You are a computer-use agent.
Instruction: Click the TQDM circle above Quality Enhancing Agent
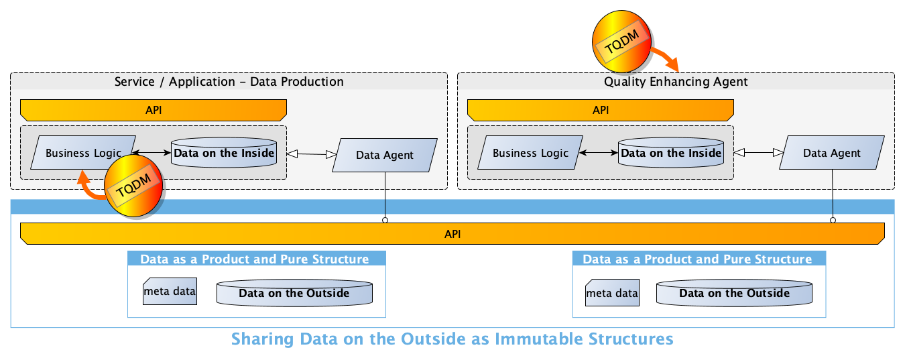pos(622,43)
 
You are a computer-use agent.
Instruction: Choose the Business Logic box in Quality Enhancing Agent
pos(530,153)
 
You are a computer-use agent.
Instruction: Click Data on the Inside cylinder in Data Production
pos(224,153)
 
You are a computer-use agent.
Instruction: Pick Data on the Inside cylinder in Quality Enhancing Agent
pos(671,153)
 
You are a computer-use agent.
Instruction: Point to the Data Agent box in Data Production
pos(385,155)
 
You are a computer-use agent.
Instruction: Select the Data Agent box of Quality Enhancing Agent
pos(831,153)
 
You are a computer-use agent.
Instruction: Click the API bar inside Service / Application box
pos(154,109)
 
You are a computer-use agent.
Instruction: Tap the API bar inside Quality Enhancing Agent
pos(600,109)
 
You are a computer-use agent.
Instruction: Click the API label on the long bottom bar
pos(452,234)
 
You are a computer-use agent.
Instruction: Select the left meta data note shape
pos(170,292)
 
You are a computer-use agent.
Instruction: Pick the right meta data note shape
pos(612,293)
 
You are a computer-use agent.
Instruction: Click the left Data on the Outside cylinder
pos(294,293)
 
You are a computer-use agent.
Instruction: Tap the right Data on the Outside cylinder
pos(734,293)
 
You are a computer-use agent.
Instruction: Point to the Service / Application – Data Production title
pos(229,82)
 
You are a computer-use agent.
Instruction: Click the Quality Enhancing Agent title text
pos(676,82)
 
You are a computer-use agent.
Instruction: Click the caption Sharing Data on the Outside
pos(452,339)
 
